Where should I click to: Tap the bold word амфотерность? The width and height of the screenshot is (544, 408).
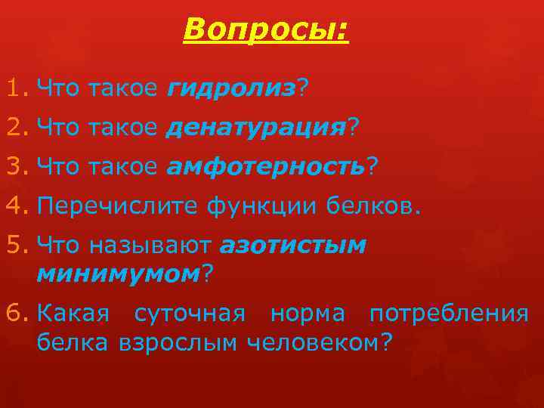click(265, 166)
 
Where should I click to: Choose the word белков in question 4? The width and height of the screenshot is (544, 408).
click(372, 205)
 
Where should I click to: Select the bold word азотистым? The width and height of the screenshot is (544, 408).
click(293, 246)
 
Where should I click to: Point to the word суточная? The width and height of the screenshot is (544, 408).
click(190, 314)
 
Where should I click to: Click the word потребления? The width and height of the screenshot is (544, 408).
click(449, 314)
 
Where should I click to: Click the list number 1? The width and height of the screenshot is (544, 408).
click(15, 90)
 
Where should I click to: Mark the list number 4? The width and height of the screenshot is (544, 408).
click(15, 205)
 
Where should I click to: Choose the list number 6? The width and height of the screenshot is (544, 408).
click(15, 314)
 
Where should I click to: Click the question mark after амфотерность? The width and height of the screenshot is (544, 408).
click(371, 166)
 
